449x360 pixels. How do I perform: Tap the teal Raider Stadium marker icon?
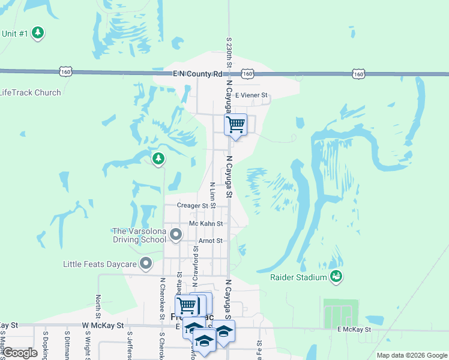tap(336, 276)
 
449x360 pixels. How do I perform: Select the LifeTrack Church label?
tap(30, 92)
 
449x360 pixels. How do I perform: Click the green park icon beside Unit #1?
tap(38, 32)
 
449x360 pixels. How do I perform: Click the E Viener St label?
tap(252, 95)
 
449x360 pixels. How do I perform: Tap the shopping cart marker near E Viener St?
tap(235, 125)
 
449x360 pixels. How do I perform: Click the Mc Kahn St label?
tap(206, 223)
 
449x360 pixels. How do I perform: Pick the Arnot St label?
tap(210, 241)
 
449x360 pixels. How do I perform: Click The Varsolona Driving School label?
tap(139, 235)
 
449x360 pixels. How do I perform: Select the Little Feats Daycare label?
tap(100, 263)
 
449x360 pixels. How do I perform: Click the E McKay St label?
tap(354, 329)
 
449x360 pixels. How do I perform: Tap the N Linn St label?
tap(212, 191)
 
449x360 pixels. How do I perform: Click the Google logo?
tap(19, 353)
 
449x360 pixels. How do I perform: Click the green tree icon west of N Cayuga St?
tap(158, 158)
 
